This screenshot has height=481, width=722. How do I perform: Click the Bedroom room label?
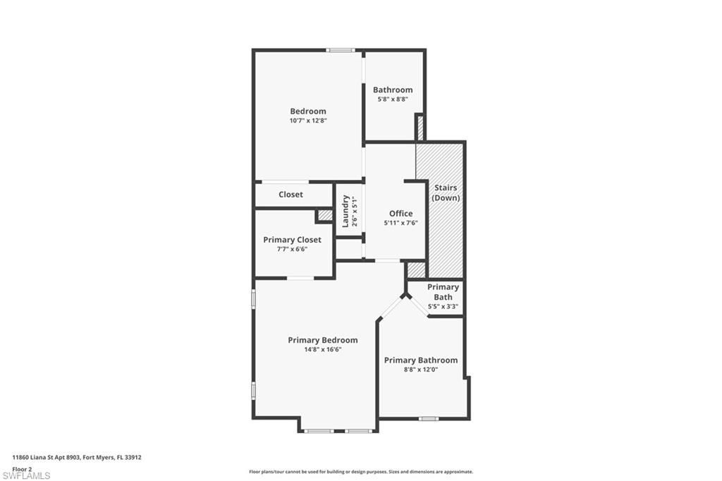[308, 111]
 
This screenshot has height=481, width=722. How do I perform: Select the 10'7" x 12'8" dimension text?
[308, 121]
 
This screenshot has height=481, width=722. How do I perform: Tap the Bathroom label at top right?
[393, 90]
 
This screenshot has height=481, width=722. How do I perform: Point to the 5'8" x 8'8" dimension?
[393, 99]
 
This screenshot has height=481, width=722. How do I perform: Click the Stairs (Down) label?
[446, 193]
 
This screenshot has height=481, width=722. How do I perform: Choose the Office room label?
[400, 214]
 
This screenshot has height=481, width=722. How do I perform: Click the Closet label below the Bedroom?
[290, 195]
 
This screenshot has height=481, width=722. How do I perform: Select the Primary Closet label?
[292, 240]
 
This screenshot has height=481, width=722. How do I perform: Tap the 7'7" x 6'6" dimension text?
[292, 249]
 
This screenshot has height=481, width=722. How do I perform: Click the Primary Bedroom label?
[322, 340]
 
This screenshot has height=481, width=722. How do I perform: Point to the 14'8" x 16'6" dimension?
[322, 349]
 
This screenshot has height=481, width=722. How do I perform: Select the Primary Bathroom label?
[420, 360]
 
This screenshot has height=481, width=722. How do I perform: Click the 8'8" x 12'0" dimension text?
[420, 370]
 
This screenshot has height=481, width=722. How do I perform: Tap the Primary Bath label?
[443, 292]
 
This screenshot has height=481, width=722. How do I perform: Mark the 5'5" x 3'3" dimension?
[443, 307]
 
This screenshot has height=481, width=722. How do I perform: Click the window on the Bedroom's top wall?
[341, 50]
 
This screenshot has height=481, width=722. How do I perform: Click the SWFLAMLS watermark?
[25, 476]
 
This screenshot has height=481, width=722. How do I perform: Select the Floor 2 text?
[22, 468]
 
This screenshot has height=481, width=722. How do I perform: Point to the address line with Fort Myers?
[77, 457]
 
